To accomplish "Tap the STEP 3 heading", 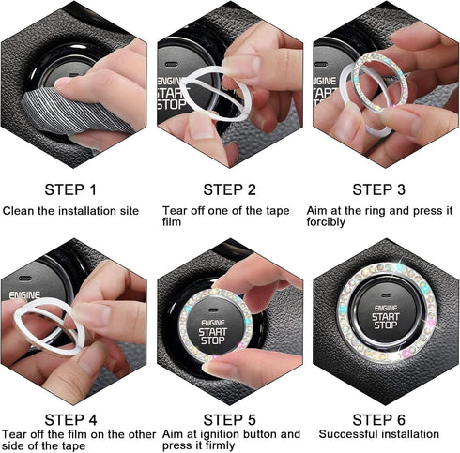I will click(385, 188).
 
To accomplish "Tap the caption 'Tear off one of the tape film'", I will click(225, 217).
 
